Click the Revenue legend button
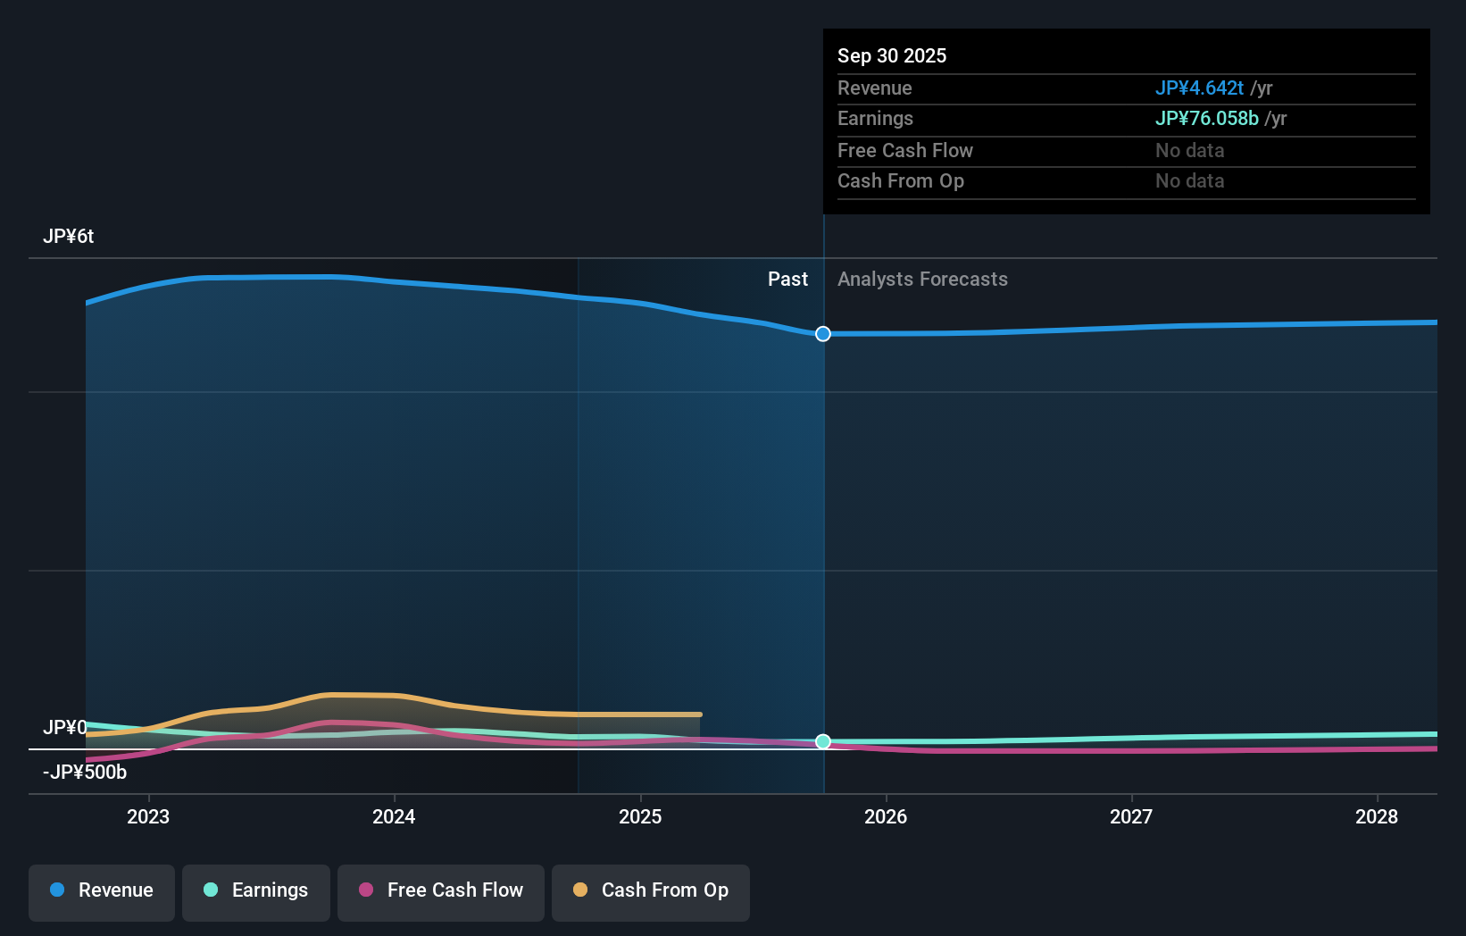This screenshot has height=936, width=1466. (102, 890)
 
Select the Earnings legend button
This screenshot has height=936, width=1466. (256, 890)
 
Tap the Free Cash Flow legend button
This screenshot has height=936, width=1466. (441, 890)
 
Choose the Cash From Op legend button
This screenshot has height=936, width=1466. (651, 890)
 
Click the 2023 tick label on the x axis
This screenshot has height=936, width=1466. (148, 816)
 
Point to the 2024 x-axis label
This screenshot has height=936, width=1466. (394, 816)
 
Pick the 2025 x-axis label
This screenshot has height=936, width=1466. (640, 816)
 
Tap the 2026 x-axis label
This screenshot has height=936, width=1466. (886, 816)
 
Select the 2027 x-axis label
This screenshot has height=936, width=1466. (1131, 816)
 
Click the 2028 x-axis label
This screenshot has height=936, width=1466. (1377, 816)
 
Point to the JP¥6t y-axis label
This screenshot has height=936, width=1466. (68, 237)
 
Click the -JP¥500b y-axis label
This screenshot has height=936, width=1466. (85, 773)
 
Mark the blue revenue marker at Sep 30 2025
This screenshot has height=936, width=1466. (823, 334)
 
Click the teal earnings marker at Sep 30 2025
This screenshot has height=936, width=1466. (823, 742)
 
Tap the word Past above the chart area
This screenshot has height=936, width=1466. (787, 280)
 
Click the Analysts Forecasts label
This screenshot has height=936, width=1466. (922, 280)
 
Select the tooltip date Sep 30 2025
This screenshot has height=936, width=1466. (892, 55)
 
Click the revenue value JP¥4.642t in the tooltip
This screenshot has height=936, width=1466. (1199, 88)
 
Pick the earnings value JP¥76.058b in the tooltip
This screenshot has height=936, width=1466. (1206, 119)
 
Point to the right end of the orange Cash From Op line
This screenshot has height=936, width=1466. (700, 715)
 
